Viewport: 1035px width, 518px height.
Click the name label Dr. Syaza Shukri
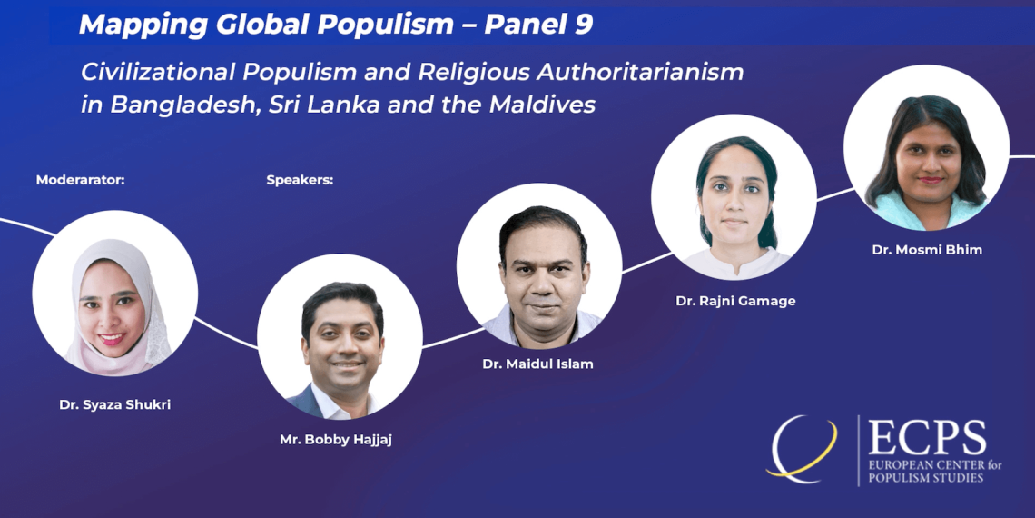(115, 404)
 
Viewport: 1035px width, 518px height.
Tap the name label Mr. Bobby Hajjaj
(336, 440)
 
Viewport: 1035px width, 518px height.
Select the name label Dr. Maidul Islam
(538, 364)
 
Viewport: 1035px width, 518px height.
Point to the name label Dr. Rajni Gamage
(735, 302)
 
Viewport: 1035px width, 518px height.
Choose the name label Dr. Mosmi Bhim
(927, 251)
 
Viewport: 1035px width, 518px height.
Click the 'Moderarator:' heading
(81, 180)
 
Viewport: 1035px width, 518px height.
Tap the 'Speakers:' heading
(300, 180)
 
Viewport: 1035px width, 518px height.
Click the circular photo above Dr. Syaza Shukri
(115, 294)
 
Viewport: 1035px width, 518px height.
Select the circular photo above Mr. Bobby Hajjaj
(340, 337)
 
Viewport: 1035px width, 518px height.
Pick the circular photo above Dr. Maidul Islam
(539, 266)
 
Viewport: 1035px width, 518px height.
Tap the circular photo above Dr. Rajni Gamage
(734, 197)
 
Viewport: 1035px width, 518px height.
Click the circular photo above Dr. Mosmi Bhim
(926, 147)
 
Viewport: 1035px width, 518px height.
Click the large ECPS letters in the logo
(927, 437)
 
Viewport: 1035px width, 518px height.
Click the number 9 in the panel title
(584, 25)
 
